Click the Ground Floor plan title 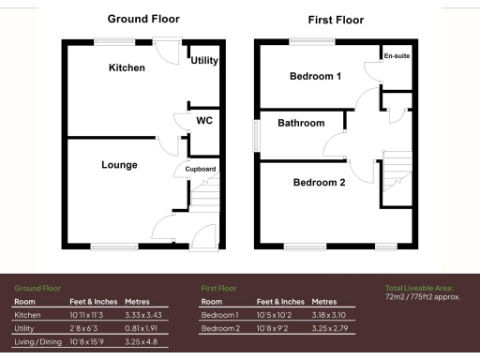pos(143,19)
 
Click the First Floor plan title pos(336,20)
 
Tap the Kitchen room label pos(127,68)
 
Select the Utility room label pos(204,61)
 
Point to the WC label pos(204,121)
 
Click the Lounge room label pos(119,165)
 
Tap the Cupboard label pos(201,170)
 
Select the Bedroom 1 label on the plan pos(314,77)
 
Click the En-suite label pos(397,56)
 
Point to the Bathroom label pos(301,123)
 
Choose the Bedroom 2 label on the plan pos(319,183)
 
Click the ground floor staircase pos(205,198)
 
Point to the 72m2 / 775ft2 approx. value pos(423,297)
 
